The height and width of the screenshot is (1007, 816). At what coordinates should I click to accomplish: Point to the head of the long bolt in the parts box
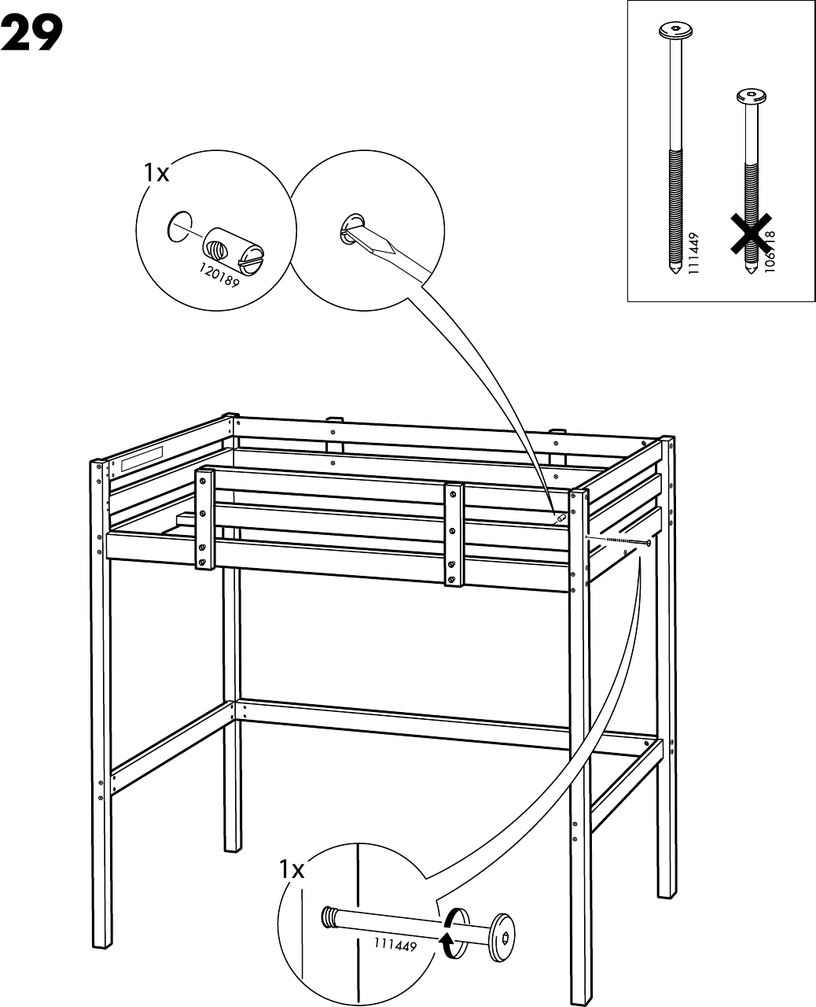pyautogui.click(x=675, y=31)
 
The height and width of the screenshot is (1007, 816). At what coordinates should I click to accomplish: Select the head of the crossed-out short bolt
pyautogui.click(x=749, y=98)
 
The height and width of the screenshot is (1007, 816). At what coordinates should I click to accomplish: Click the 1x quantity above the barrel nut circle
pyautogui.click(x=156, y=173)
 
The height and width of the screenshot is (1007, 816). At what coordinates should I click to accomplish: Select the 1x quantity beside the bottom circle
pyautogui.click(x=292, y=869)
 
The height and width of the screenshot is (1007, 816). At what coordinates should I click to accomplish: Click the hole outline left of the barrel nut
pyautogui.click(x=179, y=226)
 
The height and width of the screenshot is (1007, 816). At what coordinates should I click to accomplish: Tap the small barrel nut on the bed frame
pyautogui.click(x=560, y=518)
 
